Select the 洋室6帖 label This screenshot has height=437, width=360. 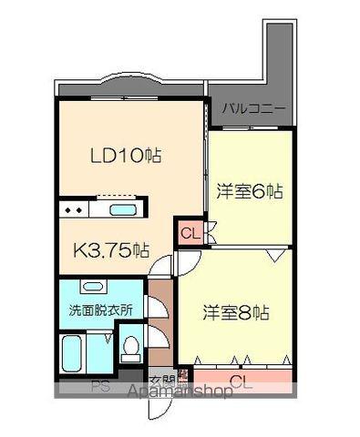249,192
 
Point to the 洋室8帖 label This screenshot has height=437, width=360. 235,311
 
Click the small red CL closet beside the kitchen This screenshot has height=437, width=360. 190,233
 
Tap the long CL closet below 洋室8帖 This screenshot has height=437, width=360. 242,379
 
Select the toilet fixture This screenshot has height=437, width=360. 131,349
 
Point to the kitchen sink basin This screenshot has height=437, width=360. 122,210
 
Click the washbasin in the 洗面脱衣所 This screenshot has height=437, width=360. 92,288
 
